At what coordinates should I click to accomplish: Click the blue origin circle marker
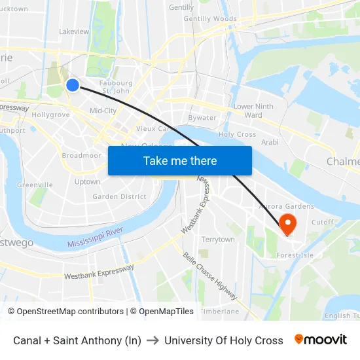[x=73, y=84]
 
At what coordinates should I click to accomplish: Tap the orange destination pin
[x=287, y=223]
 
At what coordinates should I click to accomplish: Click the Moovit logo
[x=321, y=340]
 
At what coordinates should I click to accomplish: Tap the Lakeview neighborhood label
[x=74, y=31]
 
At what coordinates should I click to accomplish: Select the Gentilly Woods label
[x=210, y=19]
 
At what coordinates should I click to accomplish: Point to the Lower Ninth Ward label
[x=253, y=111]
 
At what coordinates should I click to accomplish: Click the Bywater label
[x=202, y=118]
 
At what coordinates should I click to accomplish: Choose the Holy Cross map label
[x=237, y=134]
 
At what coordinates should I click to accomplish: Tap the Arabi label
[x=270, y=142]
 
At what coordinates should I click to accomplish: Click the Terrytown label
[x=218, y=240]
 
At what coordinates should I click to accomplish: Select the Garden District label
[x=119, y=196]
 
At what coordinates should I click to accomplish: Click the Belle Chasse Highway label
[x=210, y=277]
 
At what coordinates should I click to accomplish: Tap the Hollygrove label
[x=50, y=115]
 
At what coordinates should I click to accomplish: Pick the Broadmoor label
[x=81, y=156]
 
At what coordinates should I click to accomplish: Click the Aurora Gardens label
[x=287, y=206]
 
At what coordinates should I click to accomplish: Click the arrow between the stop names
[x=153, y=340]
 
